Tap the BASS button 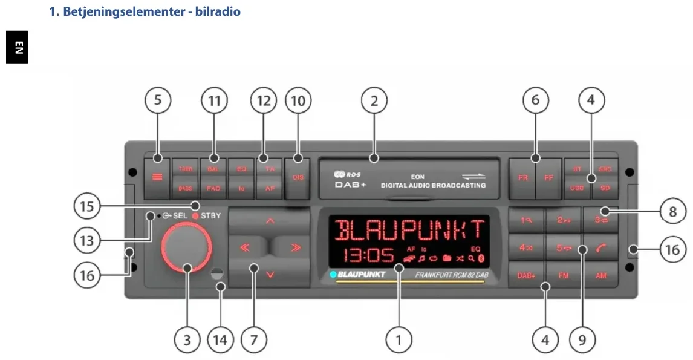click(x=185, y=188)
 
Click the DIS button click(x=298, y=178)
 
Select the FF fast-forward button click(x=548, y=178)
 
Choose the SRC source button click(x=605, y=169)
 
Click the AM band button click(x=600, y=276)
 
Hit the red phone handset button click(x=600, y=248)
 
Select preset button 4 click(x=526, y=248)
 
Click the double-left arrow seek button click(x=246, y=247)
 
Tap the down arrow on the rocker click(x=270, y=275)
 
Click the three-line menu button click(x=157, y=178)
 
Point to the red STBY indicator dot click(x=195, y=216)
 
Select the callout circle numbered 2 click(x=374, y=101)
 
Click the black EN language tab click(x=18, y=47)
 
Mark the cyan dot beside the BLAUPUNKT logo click(x=333, y=275)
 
